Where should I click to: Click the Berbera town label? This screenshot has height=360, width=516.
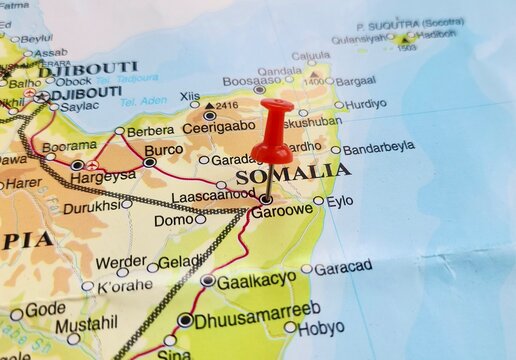(150, 131)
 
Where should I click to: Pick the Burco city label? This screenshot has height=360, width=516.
(163, 150)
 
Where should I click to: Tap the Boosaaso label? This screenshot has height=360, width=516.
(224, 81)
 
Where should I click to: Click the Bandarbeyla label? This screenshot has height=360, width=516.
(378, 148)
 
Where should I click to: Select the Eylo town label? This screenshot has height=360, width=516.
(340, 201)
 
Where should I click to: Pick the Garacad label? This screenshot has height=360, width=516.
(342, 267)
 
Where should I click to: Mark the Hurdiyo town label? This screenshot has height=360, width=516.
(366, 104)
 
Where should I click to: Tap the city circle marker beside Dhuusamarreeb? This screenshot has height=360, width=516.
(185, 320)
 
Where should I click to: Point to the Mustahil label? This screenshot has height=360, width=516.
(85, 325)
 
